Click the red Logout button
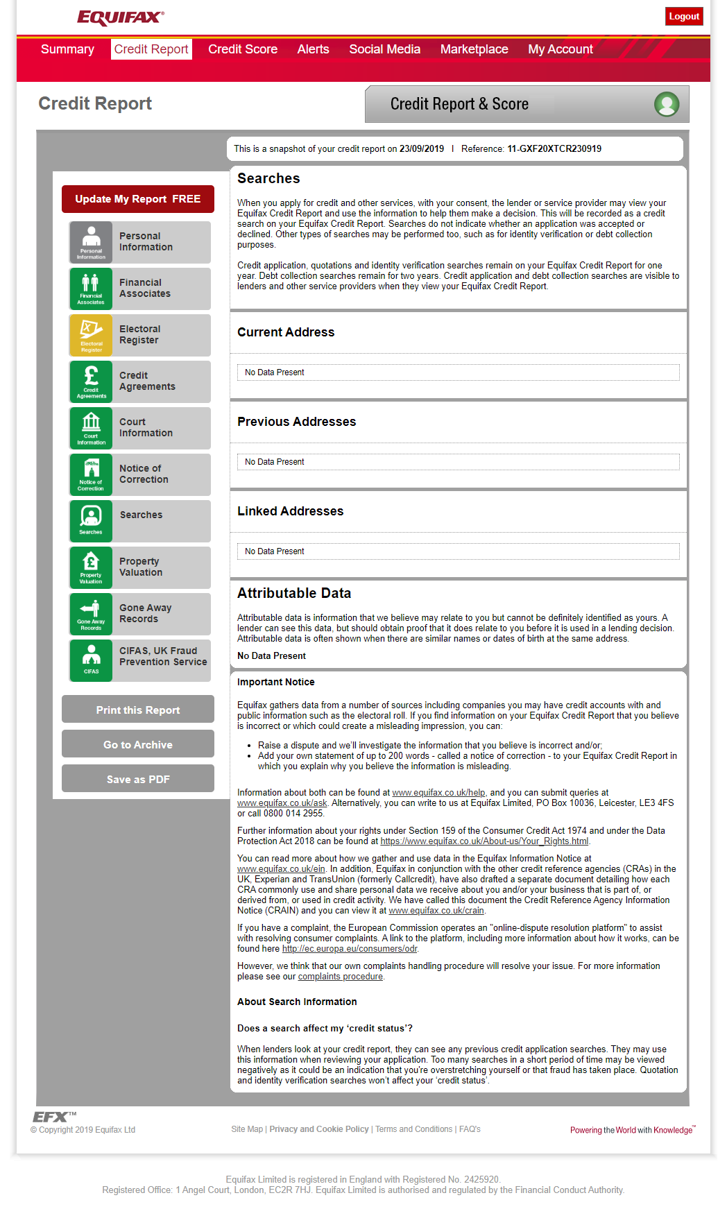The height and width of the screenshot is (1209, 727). click(x=683, y=17)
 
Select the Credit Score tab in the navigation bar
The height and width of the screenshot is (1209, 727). click(x=243, y=49)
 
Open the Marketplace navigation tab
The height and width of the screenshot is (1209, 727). click(x=474, y=49)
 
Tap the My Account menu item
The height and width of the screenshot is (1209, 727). click(x=560, y=49)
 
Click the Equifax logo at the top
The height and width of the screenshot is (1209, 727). click(x=121, y=17)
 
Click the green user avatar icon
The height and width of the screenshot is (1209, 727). click(x=667, y=104)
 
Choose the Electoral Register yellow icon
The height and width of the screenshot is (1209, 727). click(x=91, y=335)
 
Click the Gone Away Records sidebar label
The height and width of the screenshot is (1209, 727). click(x=145, y=613)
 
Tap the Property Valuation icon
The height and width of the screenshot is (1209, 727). click(x=91, y=567)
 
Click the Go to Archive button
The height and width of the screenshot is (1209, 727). click(x=138, y=744)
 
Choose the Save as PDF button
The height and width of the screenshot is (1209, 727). click(x=138, y=779)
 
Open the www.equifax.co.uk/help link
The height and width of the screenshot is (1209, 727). click(x=438, y=792)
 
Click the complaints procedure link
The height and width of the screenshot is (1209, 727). click(x=340, y=977)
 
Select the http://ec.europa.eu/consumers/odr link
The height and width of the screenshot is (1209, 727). click(x=350, y=949)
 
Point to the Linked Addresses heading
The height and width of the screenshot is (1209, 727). click(x=290, y=511)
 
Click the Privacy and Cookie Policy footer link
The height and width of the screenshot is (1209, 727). click(x=319, y=1129)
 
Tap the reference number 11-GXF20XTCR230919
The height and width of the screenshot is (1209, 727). click(x=554, y=148)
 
